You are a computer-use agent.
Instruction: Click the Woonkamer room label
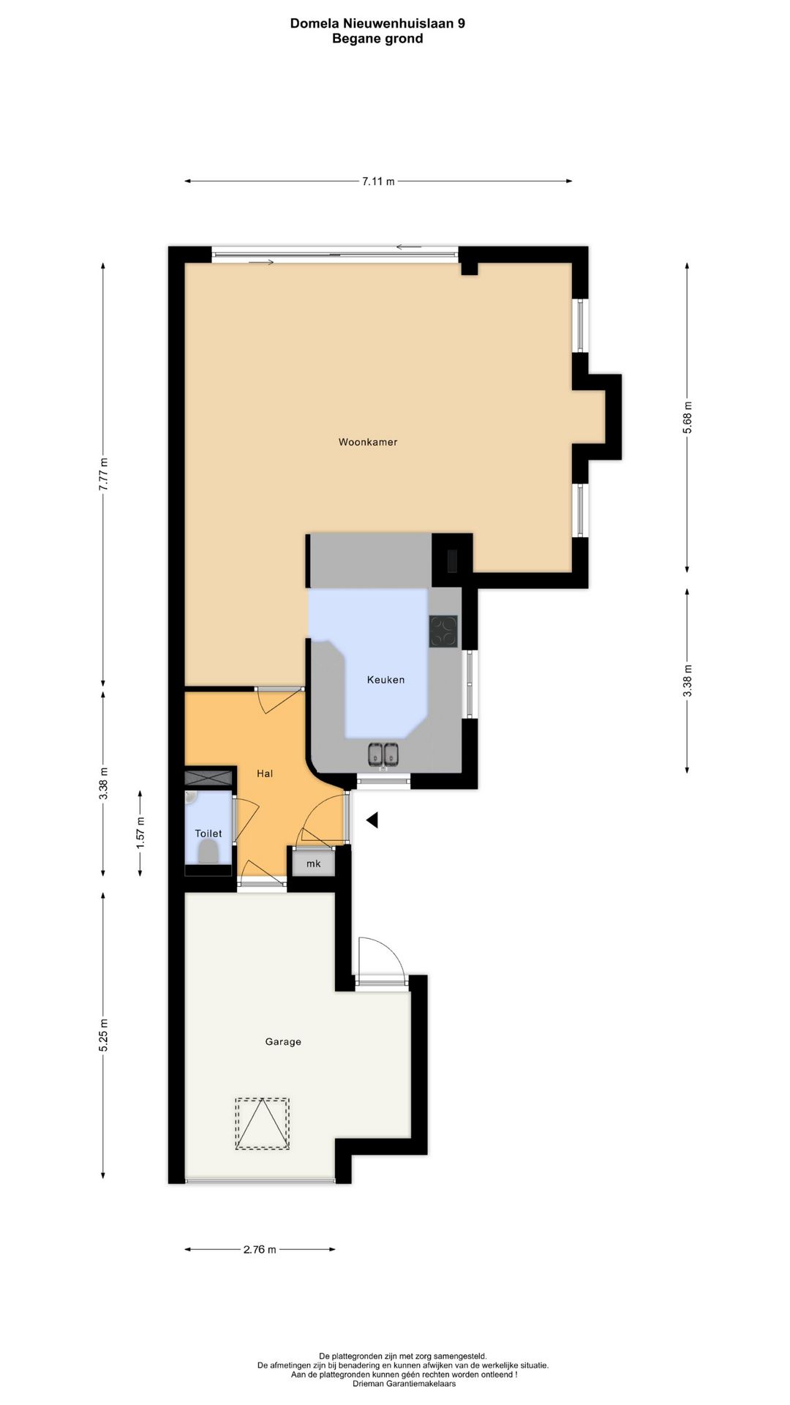click(368, 442)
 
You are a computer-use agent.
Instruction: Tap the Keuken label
click(385, 680)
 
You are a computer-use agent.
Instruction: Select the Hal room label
click(265, 773)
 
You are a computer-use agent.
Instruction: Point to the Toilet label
click(208, 833)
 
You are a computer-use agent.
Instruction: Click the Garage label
click(283, 1041)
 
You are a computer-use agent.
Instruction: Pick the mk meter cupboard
click(314, 863)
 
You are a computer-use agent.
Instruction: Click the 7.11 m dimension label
click(378, 181)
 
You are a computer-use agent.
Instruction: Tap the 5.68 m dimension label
click(687, 418)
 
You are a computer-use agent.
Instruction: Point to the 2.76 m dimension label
click(260, 1249)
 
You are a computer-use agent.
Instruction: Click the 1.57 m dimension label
click(140, 832)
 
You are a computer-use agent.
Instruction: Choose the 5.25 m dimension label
click(104, 1035)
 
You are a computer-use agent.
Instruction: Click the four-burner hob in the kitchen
click(443, 632)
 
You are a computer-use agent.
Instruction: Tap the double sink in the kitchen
click(383, 754)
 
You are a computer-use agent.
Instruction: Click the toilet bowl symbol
click(208, 851)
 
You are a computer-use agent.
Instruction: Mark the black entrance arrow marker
click(372, 820)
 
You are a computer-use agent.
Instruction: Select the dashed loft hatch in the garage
click(262, 1123)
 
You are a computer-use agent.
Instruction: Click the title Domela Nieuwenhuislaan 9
click(377, 23)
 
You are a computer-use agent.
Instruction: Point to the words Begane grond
click(377, 39)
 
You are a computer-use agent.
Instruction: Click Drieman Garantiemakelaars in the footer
click(404, 1383)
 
